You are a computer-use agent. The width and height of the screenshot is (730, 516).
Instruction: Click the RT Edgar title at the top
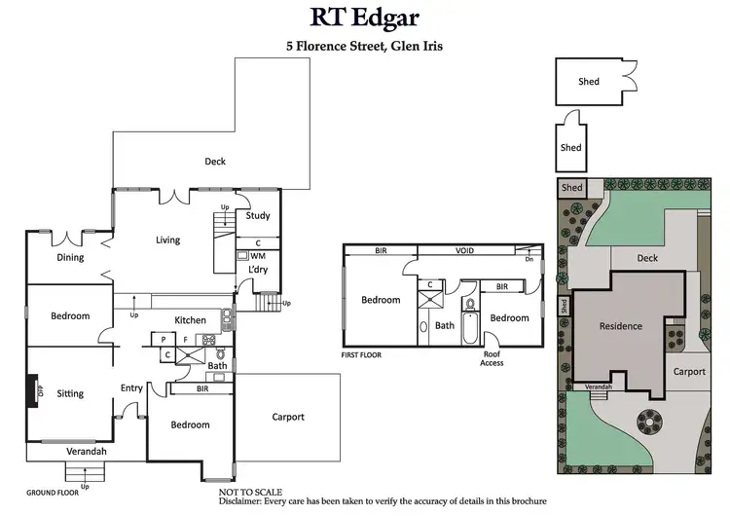coord(365,18)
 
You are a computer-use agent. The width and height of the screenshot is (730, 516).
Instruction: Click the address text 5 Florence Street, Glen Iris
coord(365,45)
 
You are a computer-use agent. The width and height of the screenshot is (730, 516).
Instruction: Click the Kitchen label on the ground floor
coord(190,320)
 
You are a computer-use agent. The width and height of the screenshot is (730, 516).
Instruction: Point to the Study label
coord(258,216)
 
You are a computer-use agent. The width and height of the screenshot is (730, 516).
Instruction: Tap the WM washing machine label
coord(258,255)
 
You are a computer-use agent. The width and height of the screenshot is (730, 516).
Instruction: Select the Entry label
coord(131,388)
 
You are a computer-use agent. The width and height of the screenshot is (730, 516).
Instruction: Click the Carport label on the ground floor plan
coord(288,417)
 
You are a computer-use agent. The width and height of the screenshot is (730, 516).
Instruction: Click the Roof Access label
coord(492,358)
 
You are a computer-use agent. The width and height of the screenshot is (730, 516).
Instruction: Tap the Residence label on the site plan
coord(620,326)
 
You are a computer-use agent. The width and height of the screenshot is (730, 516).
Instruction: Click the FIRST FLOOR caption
coord(361,355)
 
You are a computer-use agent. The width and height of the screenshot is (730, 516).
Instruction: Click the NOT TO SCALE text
coord(246,493)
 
